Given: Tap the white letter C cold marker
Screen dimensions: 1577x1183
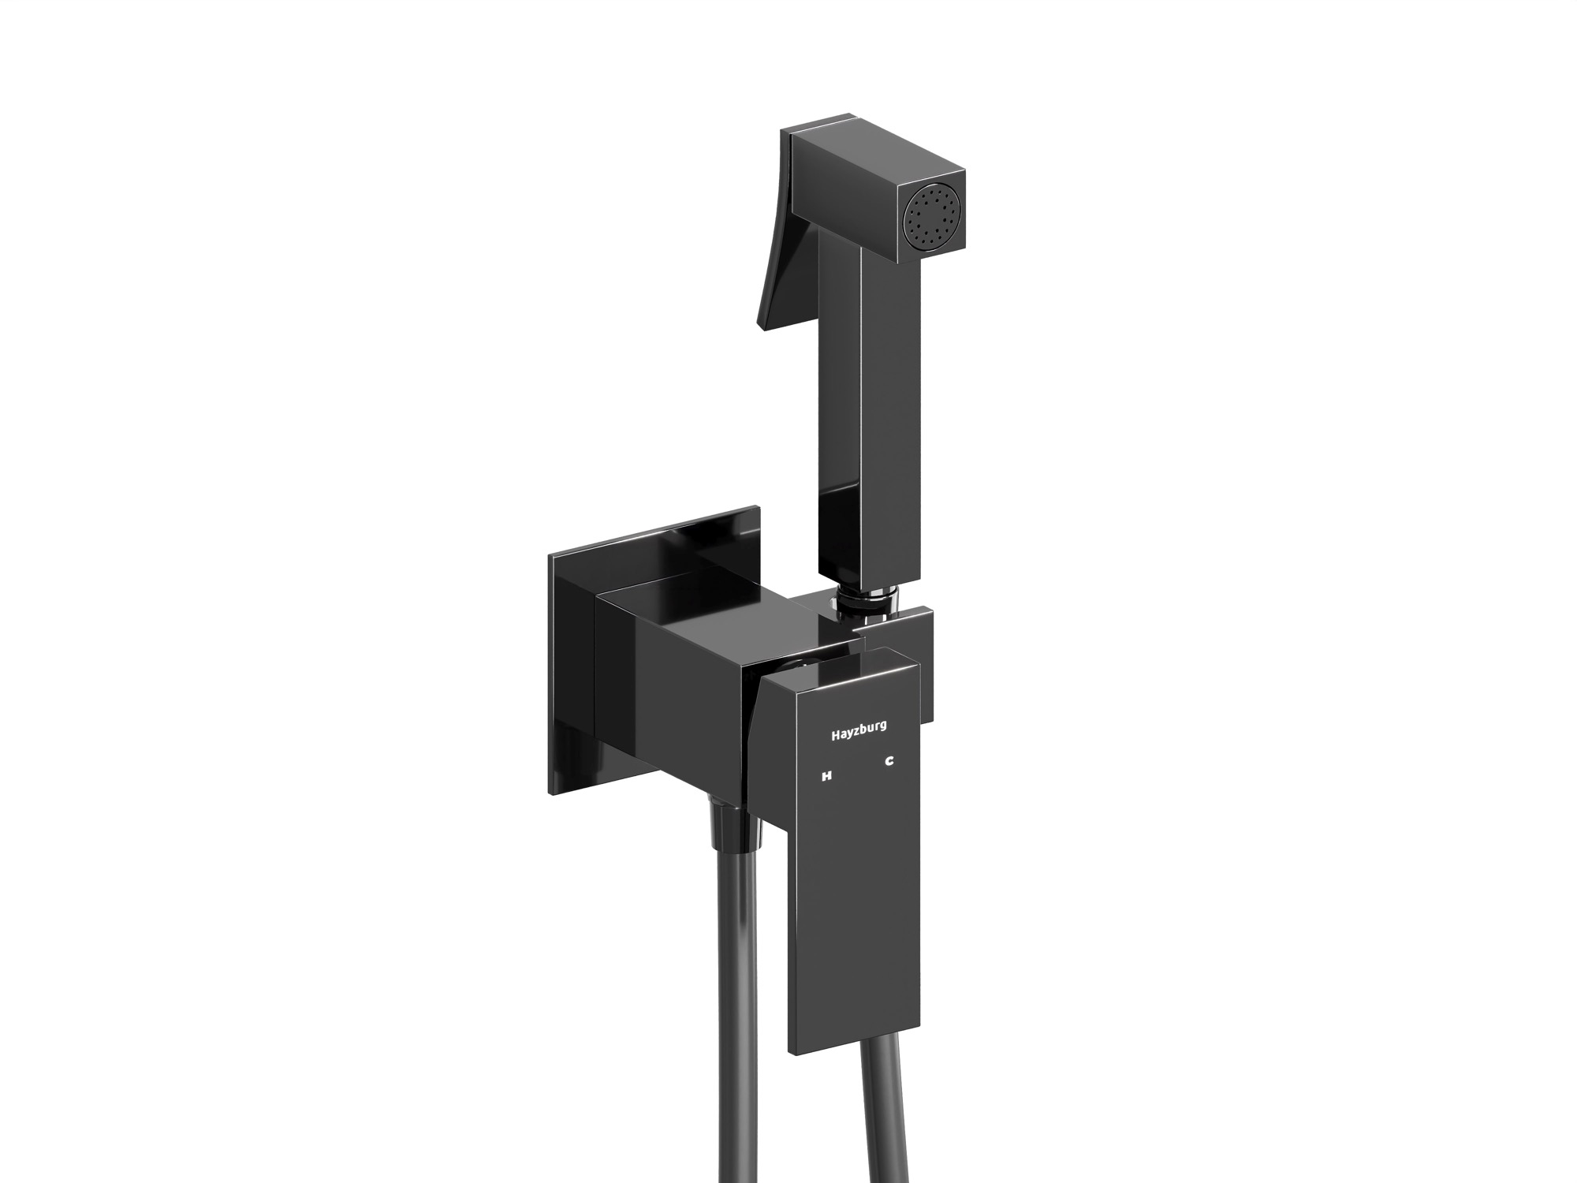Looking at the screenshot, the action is click(889, 762).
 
